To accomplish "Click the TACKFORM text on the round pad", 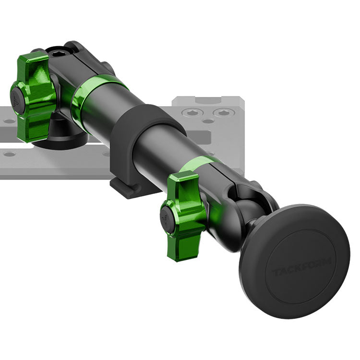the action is (x=301, y=266).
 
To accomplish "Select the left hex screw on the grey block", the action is (x=192, y=112).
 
